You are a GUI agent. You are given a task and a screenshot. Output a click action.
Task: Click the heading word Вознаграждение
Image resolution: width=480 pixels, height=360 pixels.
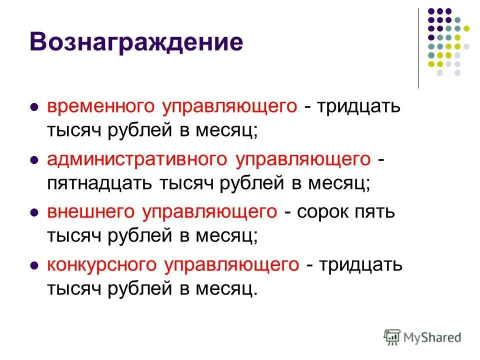click(136, 42)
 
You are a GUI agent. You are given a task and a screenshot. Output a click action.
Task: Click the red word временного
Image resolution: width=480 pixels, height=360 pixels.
click(101, 106)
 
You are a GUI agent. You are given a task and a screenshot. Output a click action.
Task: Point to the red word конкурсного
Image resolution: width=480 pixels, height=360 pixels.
click(102, 264)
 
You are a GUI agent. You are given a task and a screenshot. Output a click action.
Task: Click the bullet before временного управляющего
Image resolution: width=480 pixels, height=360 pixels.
click(34, 107)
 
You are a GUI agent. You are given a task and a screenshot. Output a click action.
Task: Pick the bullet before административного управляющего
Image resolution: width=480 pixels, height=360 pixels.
click(34, 160)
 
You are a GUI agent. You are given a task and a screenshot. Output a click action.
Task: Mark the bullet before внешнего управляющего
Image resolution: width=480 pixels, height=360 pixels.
click(34, 212)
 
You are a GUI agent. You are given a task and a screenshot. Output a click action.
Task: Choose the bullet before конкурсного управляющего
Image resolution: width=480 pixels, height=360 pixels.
click(34, 265)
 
